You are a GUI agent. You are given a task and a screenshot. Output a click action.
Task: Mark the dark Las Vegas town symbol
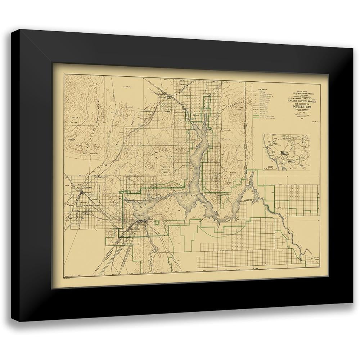point(83,193)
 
